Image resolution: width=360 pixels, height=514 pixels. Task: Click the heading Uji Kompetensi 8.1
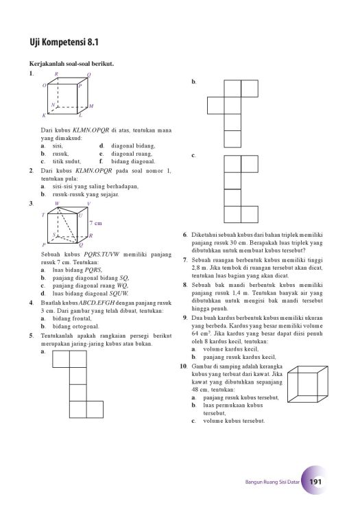click(x=64, y=43)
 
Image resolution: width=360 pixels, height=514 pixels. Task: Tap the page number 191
click(x=315, y=482)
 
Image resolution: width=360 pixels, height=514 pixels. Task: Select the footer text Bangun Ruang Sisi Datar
click(x=272, y=482)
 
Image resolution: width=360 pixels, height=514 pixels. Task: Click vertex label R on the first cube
click(x=56, y=74)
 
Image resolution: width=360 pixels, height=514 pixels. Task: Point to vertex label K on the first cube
click(x=44, y=115)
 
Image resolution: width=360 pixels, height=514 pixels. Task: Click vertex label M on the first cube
click(x=91, y=106)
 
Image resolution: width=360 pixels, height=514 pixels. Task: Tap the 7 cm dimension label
click(x=95, y=223)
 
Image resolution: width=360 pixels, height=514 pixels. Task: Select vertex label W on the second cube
click(x=57, y=204)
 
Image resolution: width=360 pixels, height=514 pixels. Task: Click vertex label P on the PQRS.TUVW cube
click(x=44, y=245)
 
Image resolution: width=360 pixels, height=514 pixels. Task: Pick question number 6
click(x=184, y=235)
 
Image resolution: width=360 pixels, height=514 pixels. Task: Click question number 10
click(x=183, y=366)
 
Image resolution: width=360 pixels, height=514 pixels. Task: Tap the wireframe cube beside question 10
click(x=308, y=384)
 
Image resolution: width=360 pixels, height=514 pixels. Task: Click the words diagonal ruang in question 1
click(x=132, y=154)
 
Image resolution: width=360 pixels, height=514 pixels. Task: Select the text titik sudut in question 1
click(x=67, y=161)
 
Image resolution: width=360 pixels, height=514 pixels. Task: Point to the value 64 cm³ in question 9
click(x=200, y=334)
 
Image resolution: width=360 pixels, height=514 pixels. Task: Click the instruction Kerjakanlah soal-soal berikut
click(x=72, y=64)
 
